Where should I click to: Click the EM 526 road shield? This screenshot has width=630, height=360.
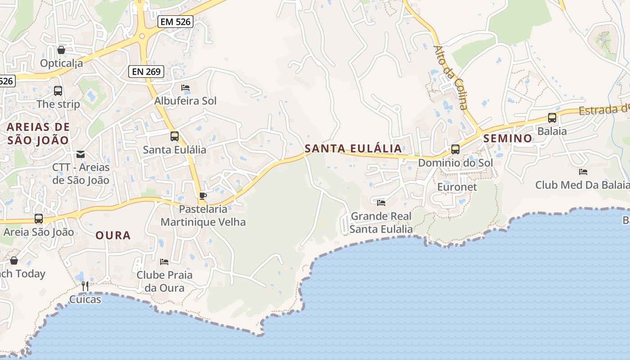175,21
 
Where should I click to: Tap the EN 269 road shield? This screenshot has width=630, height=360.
146,71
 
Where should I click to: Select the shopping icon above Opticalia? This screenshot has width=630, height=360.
61,50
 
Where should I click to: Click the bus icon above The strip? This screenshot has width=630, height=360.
58,90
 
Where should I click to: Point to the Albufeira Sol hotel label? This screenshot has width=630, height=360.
185,101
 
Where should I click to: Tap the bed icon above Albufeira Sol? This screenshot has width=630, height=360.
185,87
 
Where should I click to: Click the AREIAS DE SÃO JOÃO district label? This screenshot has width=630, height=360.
38,133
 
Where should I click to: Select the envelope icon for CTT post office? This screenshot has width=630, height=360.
81,154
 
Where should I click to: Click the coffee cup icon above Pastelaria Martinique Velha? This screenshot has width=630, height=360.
203,196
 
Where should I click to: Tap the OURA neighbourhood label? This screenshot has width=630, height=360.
113,235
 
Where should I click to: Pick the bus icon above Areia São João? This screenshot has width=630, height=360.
39,219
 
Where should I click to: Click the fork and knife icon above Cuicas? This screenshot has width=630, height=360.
85,286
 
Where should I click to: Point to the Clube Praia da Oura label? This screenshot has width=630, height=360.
164,281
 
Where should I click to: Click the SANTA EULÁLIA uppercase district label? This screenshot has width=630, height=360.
353,148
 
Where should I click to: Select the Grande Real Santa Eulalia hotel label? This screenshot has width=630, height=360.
381,222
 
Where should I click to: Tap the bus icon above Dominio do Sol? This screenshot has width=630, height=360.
455,149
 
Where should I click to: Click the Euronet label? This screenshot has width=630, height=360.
457,186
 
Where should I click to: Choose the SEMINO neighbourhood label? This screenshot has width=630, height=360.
508,138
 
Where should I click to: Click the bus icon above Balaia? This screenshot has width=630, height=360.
552,118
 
